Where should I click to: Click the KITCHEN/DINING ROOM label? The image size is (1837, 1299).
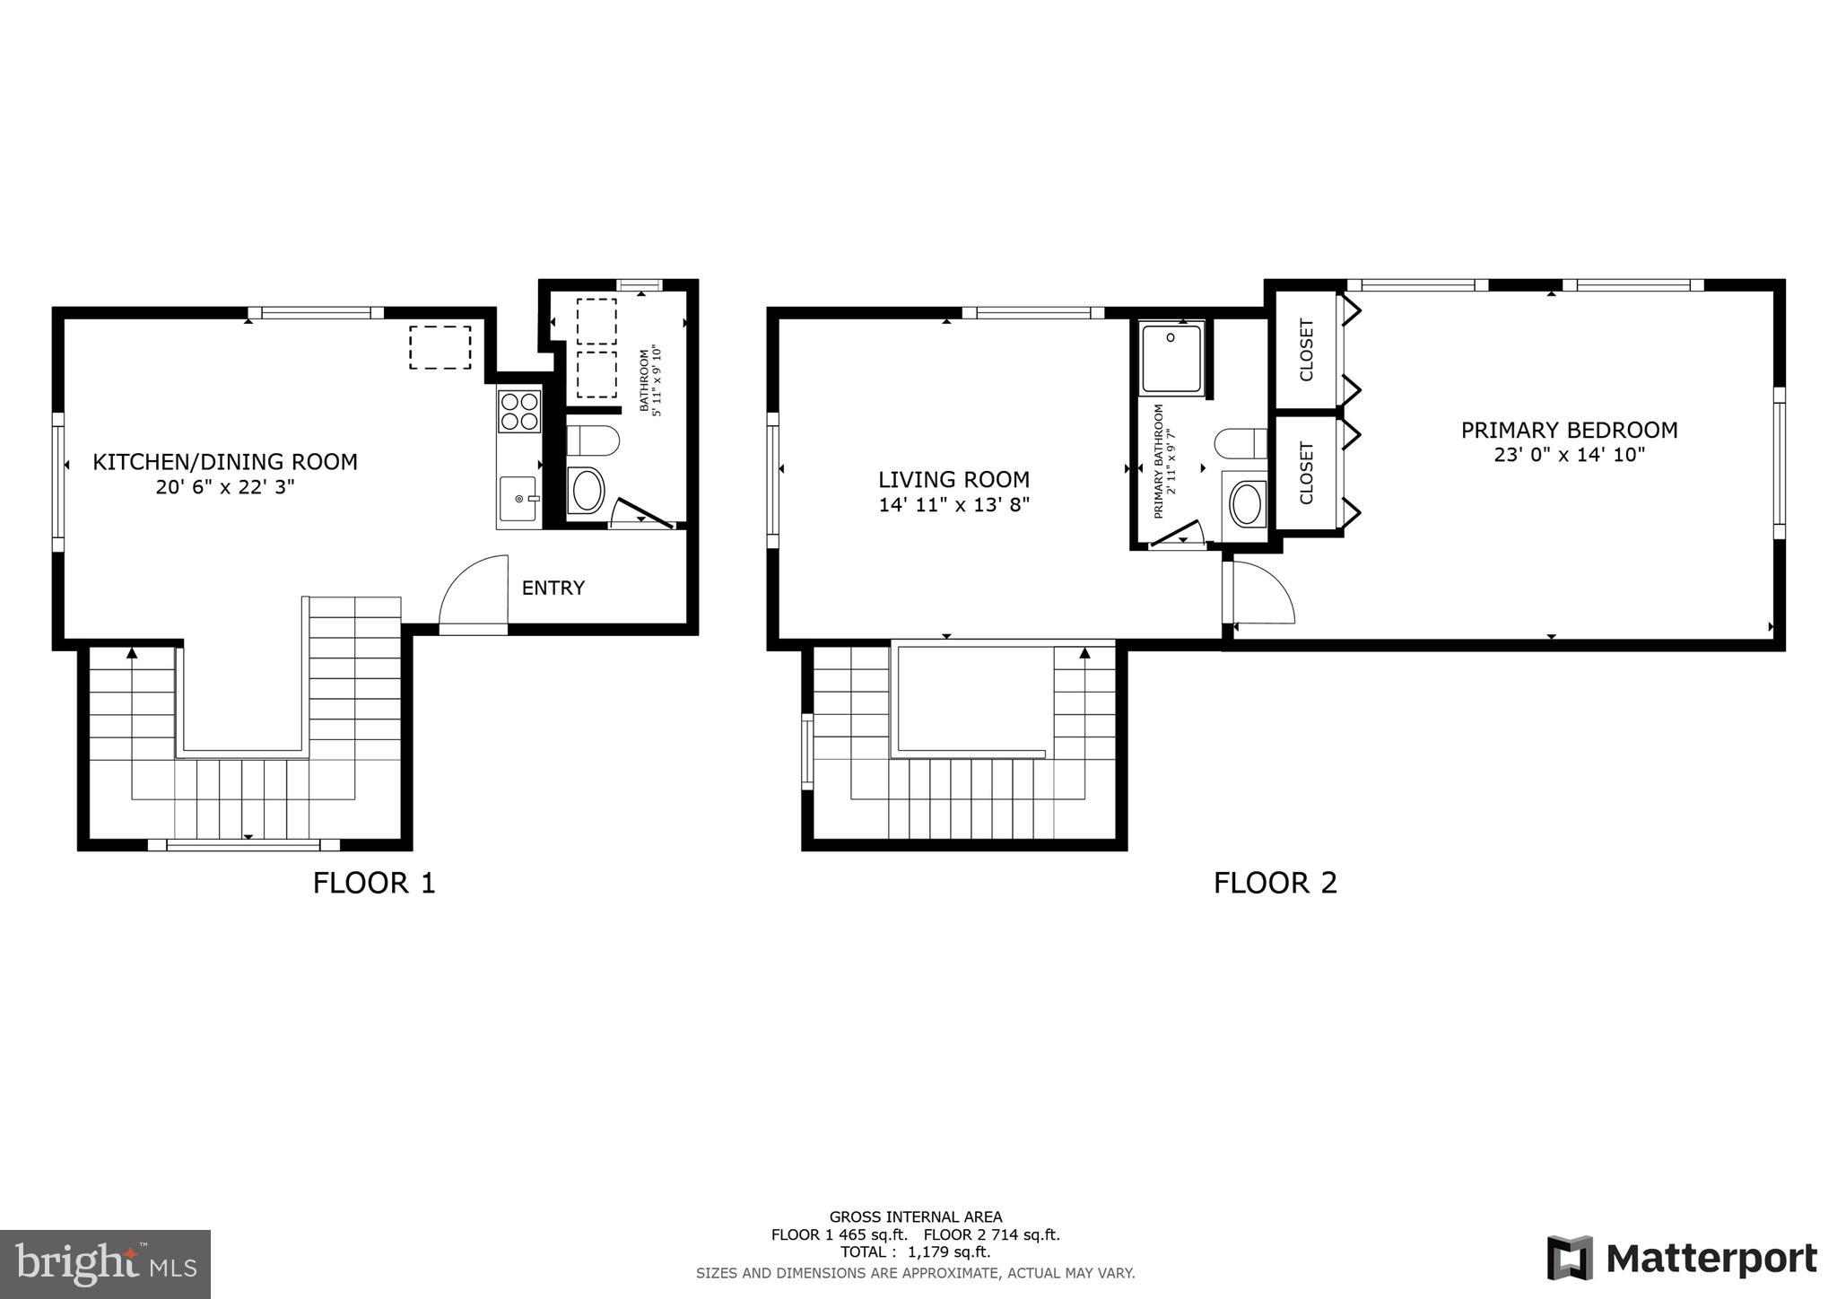(x=225, y=462)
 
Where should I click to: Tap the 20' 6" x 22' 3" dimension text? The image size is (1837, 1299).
(x=225, y=488)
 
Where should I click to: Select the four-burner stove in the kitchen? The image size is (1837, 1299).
(x=519, y=411)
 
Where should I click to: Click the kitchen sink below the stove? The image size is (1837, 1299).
(x=519, y=500)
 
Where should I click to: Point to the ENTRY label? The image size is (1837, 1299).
(x=553, y=588)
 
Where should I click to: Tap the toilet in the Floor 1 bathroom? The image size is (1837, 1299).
(x=593, y=441)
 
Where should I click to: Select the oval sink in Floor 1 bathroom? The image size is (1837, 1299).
(x=587, y=491)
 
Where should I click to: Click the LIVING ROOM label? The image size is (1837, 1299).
(x=953, y=480)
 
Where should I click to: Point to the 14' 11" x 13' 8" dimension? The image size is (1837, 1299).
(x=953, y=505)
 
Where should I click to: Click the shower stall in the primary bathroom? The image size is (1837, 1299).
(x=1171, y=358)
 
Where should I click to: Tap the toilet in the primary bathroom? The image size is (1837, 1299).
(x=1240, y=443)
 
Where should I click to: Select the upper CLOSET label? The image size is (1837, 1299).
(x=1306, y=350)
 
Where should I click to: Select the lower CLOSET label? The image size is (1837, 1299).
(x=1306, y=473)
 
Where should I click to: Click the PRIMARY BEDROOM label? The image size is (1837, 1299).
(x=1569, y=431)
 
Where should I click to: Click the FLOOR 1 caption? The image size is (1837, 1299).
(x=374, y=883)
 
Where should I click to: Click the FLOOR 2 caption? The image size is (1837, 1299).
(x=1275, y=883)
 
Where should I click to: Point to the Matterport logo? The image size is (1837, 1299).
(x=1681, y=1259)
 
